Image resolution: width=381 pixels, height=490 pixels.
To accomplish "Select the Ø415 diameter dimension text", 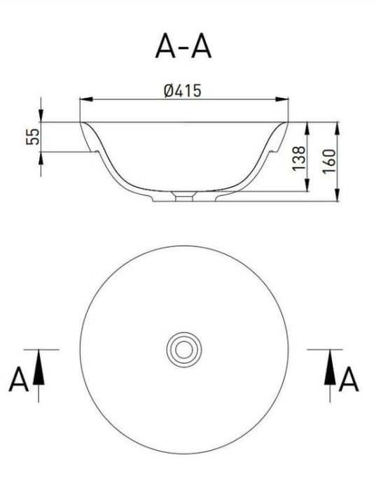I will pos(183,90).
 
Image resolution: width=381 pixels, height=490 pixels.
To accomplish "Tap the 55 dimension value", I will pos(32,136).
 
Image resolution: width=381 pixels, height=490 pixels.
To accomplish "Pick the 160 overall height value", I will pos(330,162).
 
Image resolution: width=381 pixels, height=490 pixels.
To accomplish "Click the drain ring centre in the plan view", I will pos(183,348).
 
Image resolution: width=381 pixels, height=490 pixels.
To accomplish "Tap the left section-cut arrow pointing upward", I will pos(39,367).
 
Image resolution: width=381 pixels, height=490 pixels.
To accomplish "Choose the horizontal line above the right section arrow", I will pos(325,349).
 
